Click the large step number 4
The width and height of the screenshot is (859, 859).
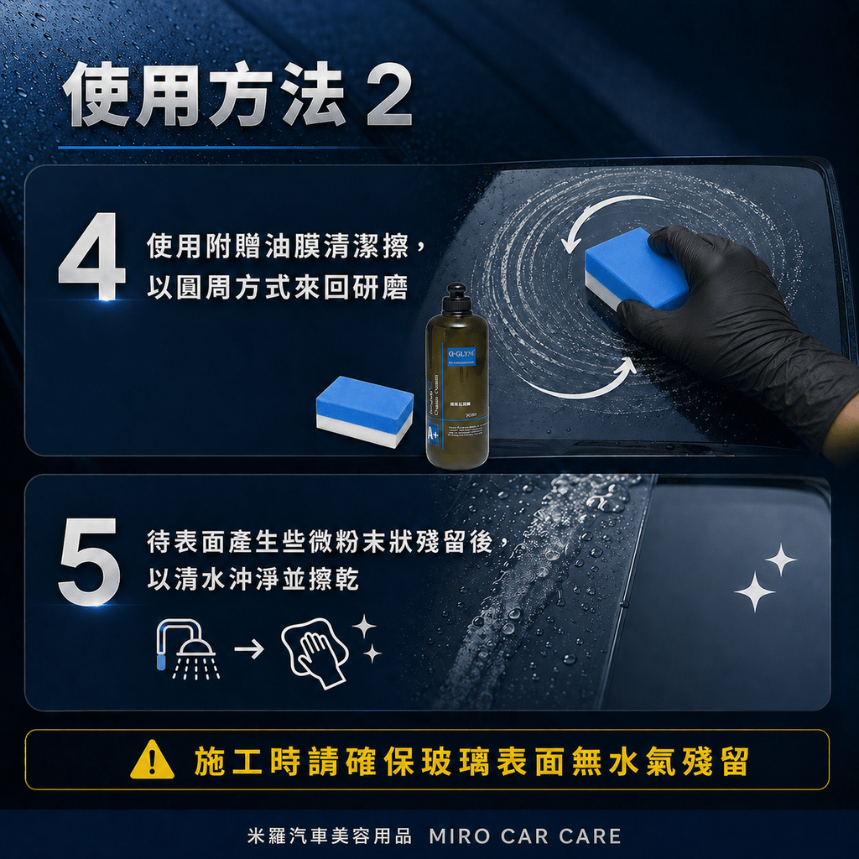pyautogui.click(x=91, y=257)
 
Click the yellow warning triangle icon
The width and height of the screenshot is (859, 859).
pyautogui.click(x=153, y=762)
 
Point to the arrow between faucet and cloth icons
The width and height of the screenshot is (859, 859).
pyautogui.click(x=248, y=649)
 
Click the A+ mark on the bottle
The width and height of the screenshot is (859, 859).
pyautogui.click(x=434, y=434)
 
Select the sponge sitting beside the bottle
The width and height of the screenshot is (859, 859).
pyautogui.click(x=364, y=411)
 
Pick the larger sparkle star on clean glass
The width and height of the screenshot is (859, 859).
pyautogui.click(x=754, y=591)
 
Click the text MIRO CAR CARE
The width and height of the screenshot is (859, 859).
pyautogui.click(x=524, y=836)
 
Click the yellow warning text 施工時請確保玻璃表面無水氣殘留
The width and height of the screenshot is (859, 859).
pyautogui.click(x=471, y=762)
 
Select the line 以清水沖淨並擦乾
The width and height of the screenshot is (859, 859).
pyautogui.click(x=252, y=580)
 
